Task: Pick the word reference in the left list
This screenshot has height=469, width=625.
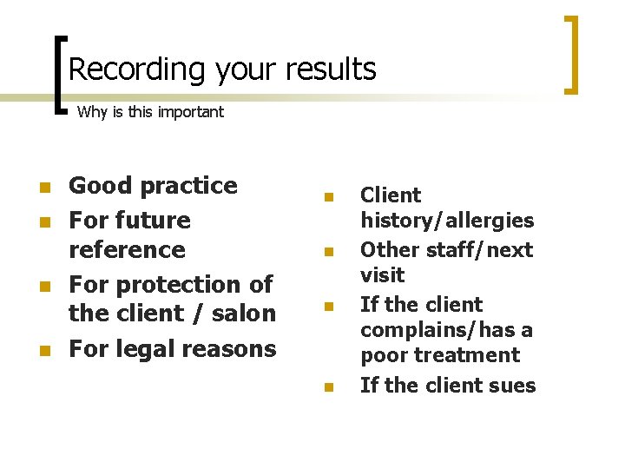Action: [x=127, y=249]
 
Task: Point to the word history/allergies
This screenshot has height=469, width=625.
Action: [x=447, y=221]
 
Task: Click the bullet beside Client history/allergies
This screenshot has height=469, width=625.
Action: [x=328, y=197]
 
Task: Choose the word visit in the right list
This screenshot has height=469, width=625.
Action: [x=383, y=274]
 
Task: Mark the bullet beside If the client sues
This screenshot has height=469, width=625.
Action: [x=328, y=387]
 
